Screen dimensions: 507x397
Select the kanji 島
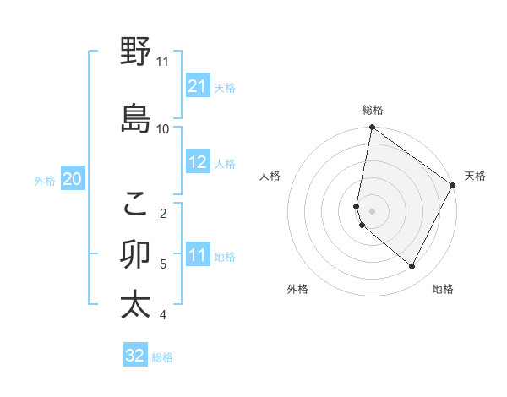pos(135,118)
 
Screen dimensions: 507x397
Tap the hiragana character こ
pos(135,202)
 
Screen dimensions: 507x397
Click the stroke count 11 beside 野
pos(162,62)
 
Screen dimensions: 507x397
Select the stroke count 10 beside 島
pos(162,128)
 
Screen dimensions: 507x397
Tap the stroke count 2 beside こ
pos(163,213)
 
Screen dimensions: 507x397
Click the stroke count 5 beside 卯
pos(163,264)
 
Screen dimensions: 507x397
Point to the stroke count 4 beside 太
pos(163,315)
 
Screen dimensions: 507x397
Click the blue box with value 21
pos(198,86)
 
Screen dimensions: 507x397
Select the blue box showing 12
pos(198,162)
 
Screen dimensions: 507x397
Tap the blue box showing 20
pos(73,179)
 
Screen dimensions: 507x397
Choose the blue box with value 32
pos(135,356)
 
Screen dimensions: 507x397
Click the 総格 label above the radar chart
pos(373,110)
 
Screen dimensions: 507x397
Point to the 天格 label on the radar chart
pos(475,176)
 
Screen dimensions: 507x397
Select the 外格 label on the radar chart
pos(297,290)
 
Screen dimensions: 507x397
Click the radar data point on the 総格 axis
pos(372,128)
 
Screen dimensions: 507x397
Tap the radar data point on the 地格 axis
pos(412,267)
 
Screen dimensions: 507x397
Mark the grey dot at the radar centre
pos(372,210)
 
